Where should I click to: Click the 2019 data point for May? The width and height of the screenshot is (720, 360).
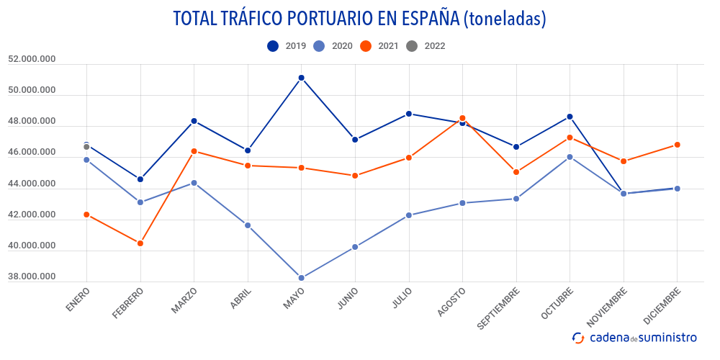tap(301, 78)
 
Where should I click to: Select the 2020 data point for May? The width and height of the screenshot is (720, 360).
tap(301, 278)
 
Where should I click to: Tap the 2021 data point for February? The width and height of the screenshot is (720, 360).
tap(140, 243)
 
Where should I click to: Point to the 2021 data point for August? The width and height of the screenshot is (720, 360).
tap(462, 118)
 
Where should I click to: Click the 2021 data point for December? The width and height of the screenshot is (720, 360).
tap(677, 145)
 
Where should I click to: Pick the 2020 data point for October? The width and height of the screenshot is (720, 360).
tap(570, 157)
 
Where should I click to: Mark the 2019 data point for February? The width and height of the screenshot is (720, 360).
tap(140, 179)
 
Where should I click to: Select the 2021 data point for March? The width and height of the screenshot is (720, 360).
tap(194, 151)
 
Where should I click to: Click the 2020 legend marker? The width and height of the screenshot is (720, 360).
tap(320, 46)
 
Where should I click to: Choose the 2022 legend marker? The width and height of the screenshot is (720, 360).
tap(412, 46)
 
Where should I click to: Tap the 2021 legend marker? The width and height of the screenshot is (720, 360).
tap(366, 46)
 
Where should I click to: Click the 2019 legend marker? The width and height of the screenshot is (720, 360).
tap(273, 46)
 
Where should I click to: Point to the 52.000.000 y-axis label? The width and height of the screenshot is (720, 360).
tap(32, 60)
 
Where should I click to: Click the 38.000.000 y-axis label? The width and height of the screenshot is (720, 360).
tap(32, 277)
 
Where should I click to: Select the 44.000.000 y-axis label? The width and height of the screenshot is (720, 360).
tap(32, 184)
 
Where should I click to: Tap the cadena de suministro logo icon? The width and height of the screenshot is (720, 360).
tap(577, 338)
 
